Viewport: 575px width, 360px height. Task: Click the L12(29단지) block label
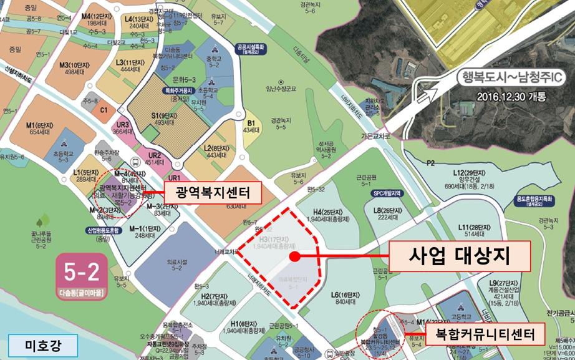[x=470, y=171]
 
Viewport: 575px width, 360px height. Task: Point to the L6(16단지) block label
[x=344, y=294]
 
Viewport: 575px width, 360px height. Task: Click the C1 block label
[x=104, y=110]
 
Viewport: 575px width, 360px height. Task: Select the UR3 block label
[x=122, y=125]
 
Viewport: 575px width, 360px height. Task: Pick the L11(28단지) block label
[x=471, y=227]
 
